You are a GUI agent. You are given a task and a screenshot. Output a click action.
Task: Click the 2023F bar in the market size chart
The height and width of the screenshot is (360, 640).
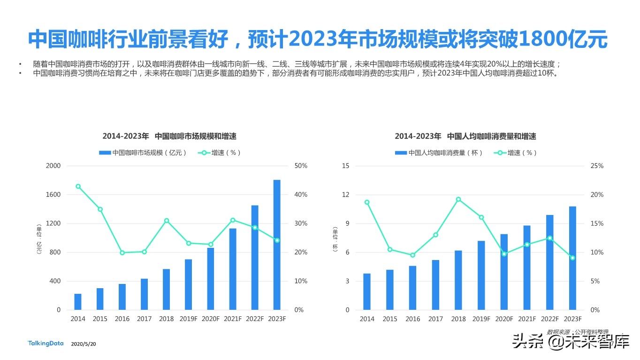(277, 245)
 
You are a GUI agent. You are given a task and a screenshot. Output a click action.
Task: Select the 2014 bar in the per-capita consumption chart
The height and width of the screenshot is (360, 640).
(367, 291)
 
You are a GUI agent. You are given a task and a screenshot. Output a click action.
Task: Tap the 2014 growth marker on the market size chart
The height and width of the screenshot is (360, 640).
(78, 186)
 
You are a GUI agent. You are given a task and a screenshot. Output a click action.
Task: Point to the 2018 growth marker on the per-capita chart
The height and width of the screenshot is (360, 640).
(458, 199)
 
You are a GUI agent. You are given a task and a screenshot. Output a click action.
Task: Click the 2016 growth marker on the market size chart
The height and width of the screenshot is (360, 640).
(122, 253)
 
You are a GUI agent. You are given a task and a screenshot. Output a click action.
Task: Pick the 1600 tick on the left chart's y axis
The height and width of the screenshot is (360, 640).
(53, 195)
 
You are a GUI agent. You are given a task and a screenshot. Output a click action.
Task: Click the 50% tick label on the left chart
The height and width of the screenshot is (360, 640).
(300, 166)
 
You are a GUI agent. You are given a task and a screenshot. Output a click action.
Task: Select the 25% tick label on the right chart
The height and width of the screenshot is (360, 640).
(597, 166)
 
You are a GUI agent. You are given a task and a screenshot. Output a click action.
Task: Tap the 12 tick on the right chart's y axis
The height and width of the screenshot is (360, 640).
(346, 195)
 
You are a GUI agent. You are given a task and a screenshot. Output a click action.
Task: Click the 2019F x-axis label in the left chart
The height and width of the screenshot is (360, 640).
(188, 319)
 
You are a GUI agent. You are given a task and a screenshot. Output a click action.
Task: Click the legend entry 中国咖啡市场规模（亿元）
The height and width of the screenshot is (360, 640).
(143, 153)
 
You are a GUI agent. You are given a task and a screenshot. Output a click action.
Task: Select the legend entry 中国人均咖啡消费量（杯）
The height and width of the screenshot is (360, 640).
(439, 153)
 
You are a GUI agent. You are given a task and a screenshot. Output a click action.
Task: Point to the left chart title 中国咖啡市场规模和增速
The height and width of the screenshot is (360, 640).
(196, 137)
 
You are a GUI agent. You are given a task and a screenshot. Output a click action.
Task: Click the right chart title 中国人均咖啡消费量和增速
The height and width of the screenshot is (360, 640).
(491, 137)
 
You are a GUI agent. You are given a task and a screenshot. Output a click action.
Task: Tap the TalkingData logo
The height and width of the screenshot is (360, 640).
(46, 344)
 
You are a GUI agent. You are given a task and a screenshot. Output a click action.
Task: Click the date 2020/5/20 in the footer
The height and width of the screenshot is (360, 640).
(84, 344)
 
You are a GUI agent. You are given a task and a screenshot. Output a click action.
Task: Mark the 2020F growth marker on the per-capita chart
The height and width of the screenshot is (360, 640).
(504, 254)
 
